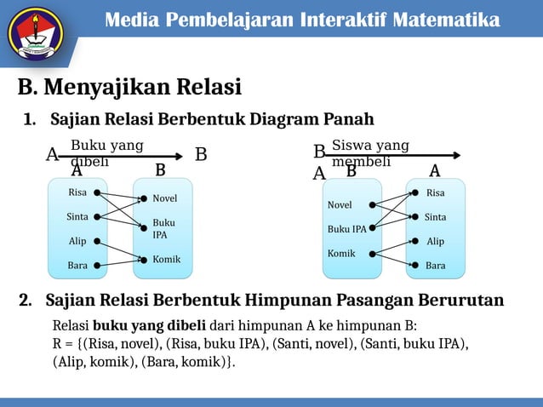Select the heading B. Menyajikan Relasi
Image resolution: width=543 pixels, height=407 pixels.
click(x=129, y=87)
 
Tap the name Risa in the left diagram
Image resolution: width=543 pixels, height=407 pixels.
click(x=77, y=192)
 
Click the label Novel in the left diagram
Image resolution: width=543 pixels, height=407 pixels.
click(x=165, y=198)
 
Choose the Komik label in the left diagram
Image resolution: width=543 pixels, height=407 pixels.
click(x=166, y=259)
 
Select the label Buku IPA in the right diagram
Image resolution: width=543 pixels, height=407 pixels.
click(x=347, y=229)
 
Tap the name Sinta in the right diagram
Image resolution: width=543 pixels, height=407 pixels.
click(x=435, y=217)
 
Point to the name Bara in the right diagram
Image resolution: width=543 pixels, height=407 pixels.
click(x=435, y=266)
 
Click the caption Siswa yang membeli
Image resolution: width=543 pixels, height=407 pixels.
click(x=369, y=153)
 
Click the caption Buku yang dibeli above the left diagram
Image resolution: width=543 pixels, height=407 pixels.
click(x=106, y=153)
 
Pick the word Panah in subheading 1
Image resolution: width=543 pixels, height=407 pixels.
click(x=346, y=118)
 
